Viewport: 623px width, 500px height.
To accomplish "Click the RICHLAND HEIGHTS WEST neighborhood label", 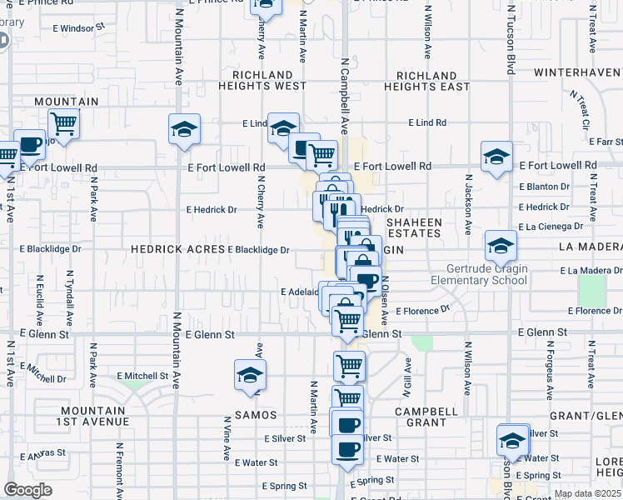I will [262, 81].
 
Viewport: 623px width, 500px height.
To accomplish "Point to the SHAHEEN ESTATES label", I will [414, 227].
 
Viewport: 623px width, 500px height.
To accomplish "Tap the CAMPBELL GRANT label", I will [426, 417].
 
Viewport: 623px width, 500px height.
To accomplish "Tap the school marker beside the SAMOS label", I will [250, 375].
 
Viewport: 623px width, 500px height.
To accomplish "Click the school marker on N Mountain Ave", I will [184, 129].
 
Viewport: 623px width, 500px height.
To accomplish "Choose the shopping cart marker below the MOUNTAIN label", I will [63, 124].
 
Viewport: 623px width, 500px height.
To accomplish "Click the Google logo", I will [27, 490].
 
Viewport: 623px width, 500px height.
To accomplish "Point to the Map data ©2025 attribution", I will [586, 493].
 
